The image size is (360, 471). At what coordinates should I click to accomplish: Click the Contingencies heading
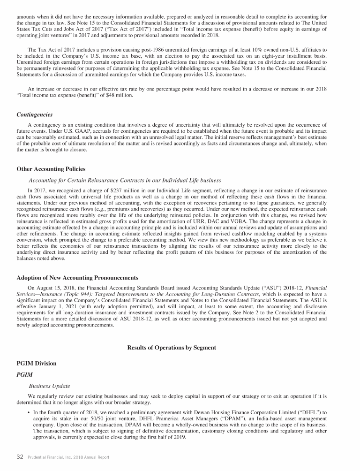(34, 114)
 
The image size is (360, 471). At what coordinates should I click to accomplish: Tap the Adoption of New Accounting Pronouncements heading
(77, 278)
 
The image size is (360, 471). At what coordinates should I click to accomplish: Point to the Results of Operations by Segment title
(172, 348)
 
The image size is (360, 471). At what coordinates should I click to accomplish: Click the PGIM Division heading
(36, 363)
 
